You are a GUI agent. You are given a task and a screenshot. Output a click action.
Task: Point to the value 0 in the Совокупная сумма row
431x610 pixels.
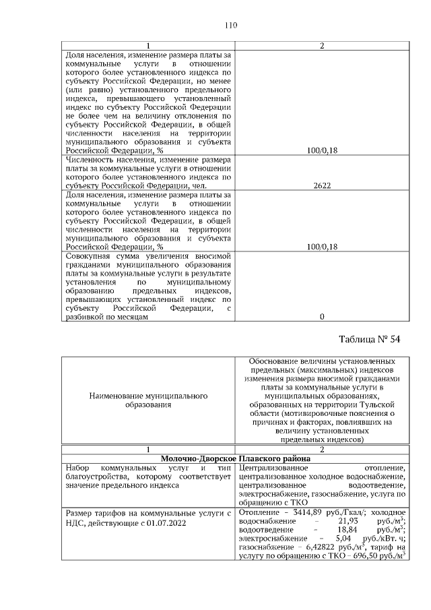pos(321,316)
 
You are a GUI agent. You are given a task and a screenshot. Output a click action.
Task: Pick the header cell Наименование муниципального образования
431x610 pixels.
pos(147,400)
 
